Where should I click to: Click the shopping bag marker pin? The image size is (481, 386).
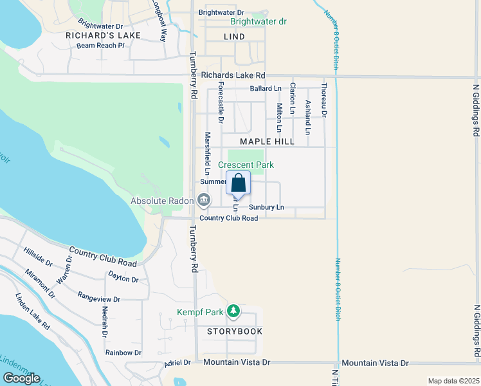238,183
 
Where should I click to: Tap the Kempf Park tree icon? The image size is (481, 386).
233,312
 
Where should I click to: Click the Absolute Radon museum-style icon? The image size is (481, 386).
204,201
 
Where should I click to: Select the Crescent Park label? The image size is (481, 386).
251,165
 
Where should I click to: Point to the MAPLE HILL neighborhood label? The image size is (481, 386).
267,142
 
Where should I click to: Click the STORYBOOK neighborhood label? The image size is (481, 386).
235,331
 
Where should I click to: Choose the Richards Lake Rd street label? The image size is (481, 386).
233,75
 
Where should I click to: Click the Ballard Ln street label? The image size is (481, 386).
266,88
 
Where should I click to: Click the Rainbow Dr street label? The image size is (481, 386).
123,353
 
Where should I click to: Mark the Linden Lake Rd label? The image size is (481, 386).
33,312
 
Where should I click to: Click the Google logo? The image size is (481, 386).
21,378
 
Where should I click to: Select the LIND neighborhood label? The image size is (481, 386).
235,37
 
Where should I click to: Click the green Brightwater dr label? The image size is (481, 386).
259,21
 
